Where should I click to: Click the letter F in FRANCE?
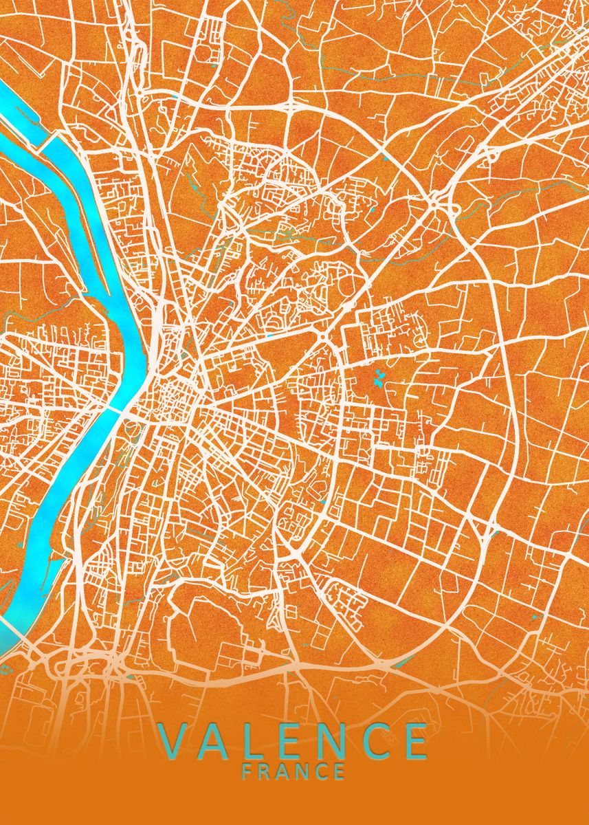247,771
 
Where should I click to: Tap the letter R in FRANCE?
266,771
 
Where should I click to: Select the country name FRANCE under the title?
293,771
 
